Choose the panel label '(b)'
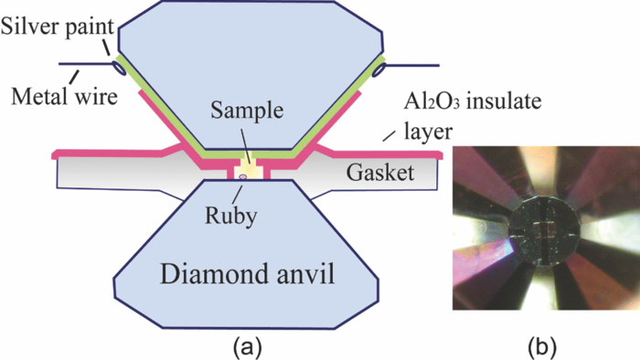point(545,347)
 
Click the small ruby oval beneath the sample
point(243,189)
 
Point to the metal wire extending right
point(411,65)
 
